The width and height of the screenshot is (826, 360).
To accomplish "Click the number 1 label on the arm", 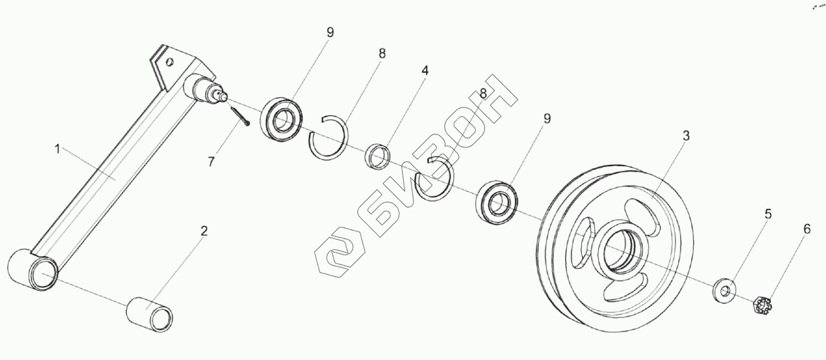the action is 57,149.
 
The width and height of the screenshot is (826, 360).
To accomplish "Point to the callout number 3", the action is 686,136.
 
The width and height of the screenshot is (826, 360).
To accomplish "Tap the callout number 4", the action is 425,70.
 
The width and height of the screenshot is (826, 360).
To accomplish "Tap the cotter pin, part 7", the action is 239,117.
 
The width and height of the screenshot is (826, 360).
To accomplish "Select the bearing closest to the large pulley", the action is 496,201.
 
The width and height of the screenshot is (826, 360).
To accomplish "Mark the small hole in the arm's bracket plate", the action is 169,62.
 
